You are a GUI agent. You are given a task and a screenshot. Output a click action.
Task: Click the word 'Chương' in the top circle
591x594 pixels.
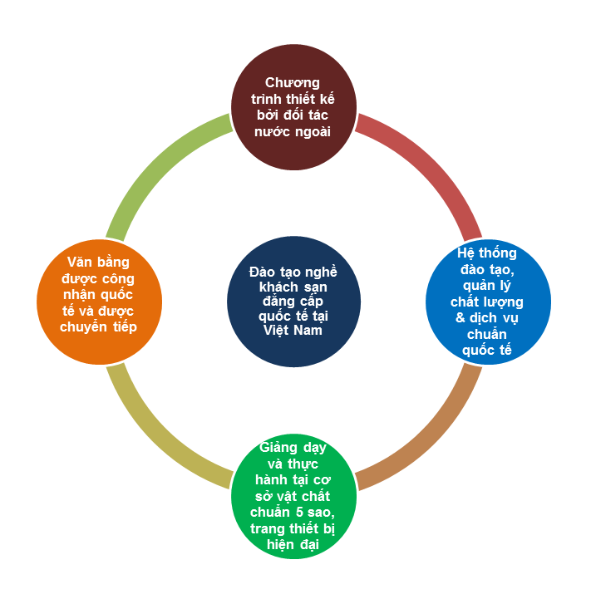click(293, 82)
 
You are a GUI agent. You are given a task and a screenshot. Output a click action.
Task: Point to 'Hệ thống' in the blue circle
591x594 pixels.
click(488, 253)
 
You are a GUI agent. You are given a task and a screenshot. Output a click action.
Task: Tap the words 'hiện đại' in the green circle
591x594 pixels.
click(293, 546)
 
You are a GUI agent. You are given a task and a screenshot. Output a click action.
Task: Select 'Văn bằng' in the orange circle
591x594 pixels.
click(99, 262)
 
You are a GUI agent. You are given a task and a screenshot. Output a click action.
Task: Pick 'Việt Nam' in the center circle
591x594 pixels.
click(293, 329)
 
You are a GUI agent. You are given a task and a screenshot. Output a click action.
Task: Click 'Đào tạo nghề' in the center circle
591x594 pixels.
click(293, 272)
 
